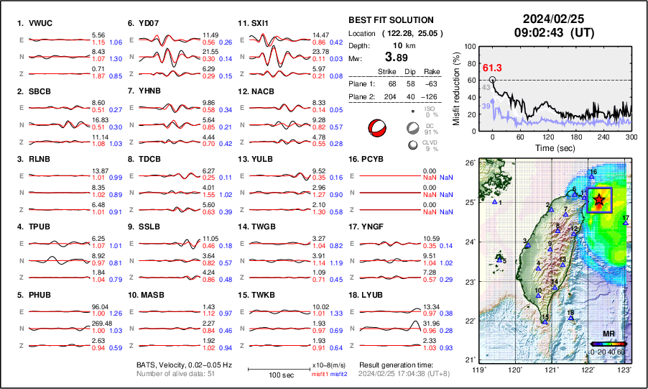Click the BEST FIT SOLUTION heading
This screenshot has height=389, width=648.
point(390,20)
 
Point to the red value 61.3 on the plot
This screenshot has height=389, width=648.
point(492,68)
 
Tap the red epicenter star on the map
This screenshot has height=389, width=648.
point(599,201)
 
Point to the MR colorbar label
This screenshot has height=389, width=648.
point(608,334)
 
